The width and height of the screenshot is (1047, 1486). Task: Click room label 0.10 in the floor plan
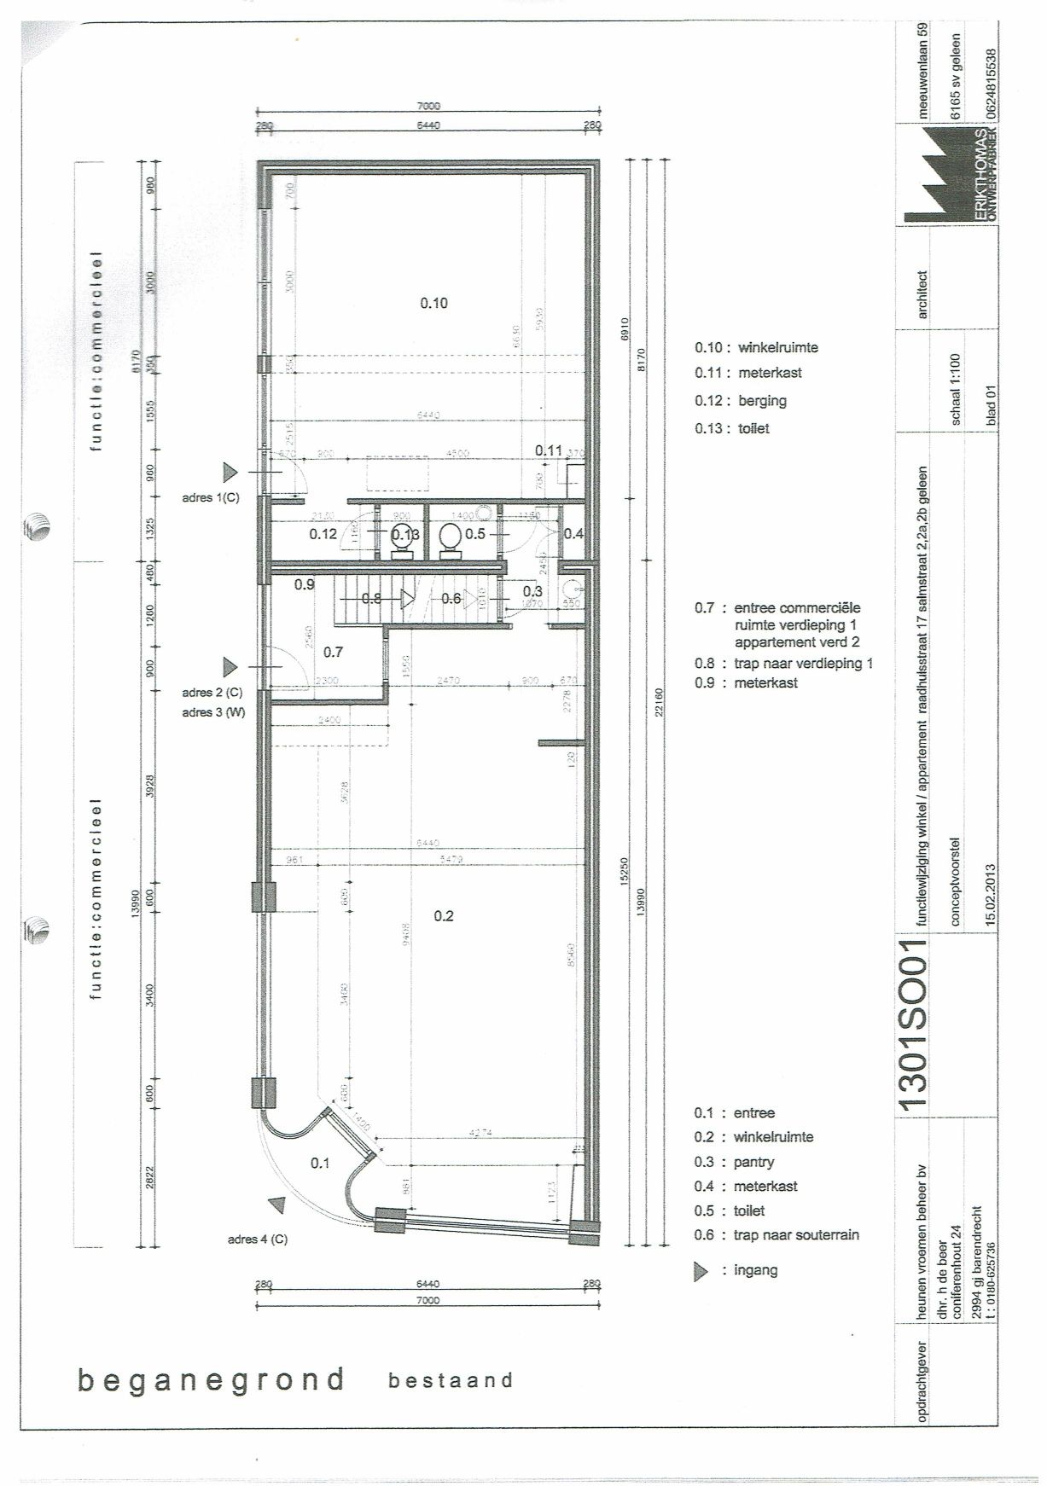pos(433,303)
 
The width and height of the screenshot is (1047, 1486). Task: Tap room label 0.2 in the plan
pos(444,916)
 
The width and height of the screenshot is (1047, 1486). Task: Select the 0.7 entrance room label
pos(333,652)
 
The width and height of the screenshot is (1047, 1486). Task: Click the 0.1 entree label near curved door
pos(320,1163)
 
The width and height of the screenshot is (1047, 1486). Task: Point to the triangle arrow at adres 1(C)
pos(230,471)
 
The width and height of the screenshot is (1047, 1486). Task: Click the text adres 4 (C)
pos(257,1239)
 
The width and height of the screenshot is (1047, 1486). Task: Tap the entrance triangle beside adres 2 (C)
pos(230,666)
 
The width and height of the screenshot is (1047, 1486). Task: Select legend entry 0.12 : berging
pos(740,401)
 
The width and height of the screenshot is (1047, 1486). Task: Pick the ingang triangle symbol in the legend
pos(701,1272)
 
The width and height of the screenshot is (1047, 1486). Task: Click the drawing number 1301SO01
pos(912,1024)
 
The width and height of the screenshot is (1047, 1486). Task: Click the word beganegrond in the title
pos(211,1379)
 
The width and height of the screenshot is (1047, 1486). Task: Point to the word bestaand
pos(451,1380)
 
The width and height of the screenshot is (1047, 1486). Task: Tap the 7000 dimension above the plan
pos(428,107)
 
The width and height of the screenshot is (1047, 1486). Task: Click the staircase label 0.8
pos(371,599)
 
